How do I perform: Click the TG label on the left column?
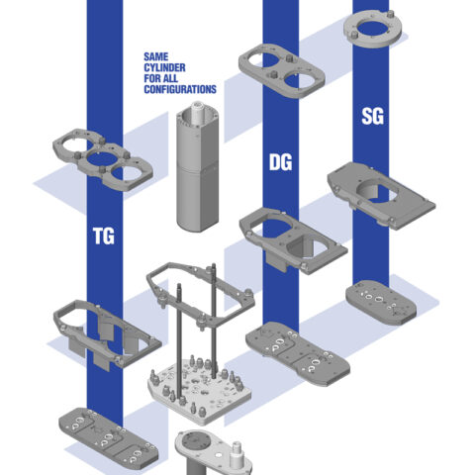pyautogui.click(x=102, y=237)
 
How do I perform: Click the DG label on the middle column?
pyautogui.click(x=280, y=160)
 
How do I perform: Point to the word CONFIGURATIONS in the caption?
pyautogui.click(x=179, y=90)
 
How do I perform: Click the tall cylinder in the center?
pyautogui.click(x=196, y=168)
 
